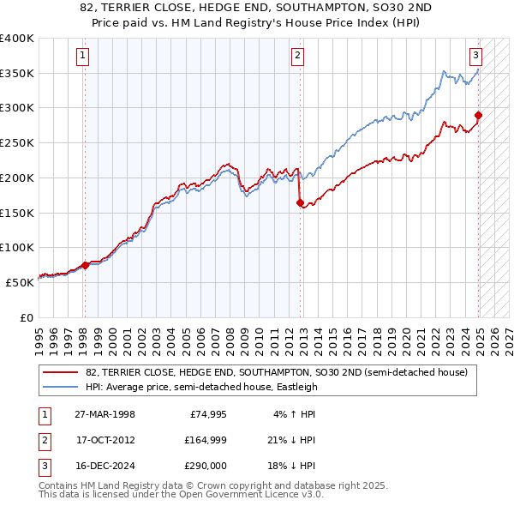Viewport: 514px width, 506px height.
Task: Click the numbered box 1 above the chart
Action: pyautogui.click(x=83, y=57)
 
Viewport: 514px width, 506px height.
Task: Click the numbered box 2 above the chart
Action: pyautogui.click(x=296, y=57)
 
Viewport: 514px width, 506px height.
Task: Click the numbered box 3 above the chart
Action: pyautogui.click(x=475, y=57)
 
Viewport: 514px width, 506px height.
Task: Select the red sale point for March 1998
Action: pyautogui.click(x=85, y=265)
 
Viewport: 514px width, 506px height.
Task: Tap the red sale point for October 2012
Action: pyautogui.click(x=300, y=203)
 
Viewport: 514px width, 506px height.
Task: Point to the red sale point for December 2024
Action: pyautogui.click(x=478, y=115)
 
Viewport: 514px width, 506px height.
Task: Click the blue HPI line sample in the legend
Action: pyautogui.click(x=60, y=387)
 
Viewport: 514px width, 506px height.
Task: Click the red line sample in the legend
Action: pyautogui.click(x=60, y=373)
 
